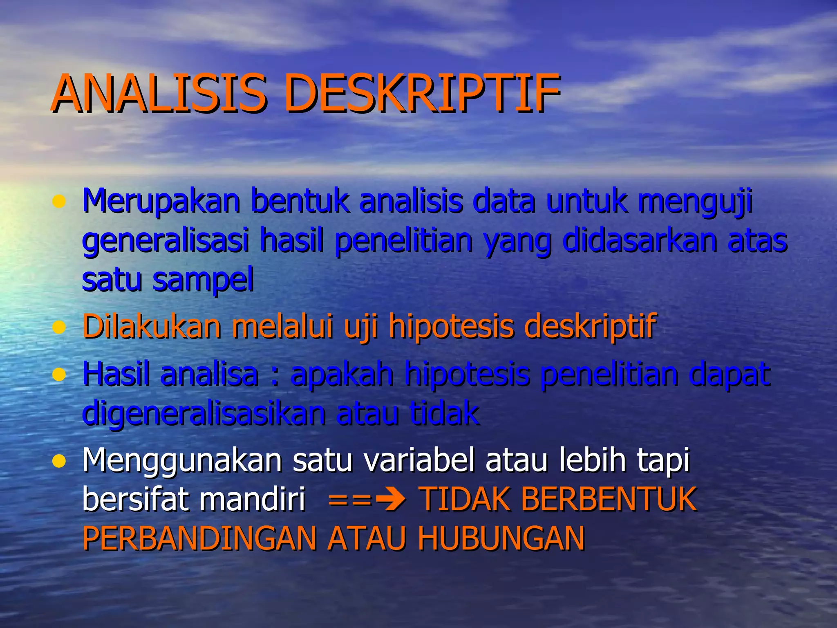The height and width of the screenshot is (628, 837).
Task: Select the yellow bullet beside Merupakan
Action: pyautogui.click(x=59, y=201)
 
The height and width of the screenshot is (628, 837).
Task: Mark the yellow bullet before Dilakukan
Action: pyautogui.click(x=59, y=327)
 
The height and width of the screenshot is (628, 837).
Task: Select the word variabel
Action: pyautogui.click(x=419, y=460)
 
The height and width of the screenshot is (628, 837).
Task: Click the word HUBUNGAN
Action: pyautogui.click(x=501, y=538)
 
